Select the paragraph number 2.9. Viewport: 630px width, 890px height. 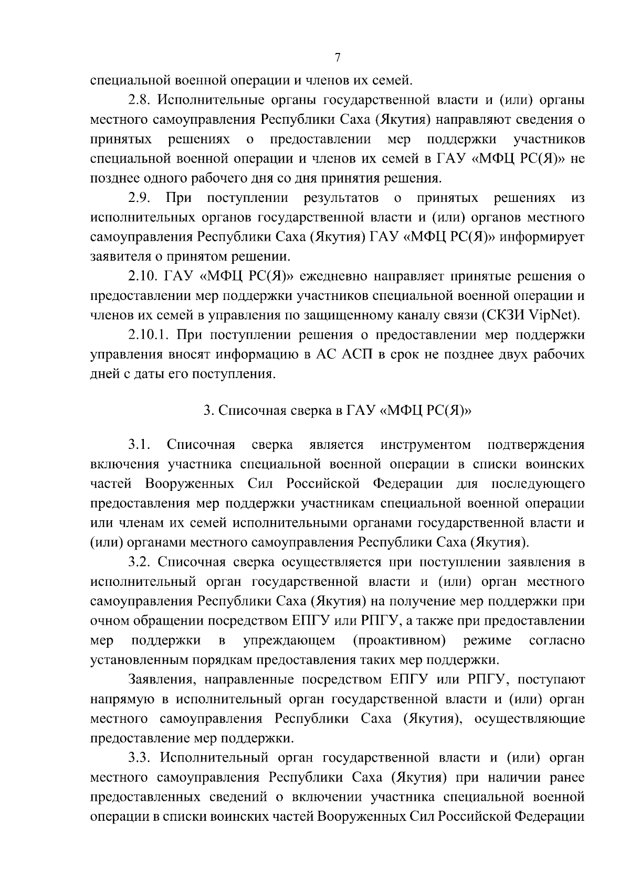(140, 198)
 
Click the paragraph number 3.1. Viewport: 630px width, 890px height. (140, 445)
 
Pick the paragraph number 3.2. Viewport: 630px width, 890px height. (140, 562)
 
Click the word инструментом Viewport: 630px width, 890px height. (426, 445)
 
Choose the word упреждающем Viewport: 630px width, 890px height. (289, 640)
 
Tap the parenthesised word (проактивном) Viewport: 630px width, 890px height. (400, 640)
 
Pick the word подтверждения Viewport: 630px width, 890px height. (536, 445)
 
